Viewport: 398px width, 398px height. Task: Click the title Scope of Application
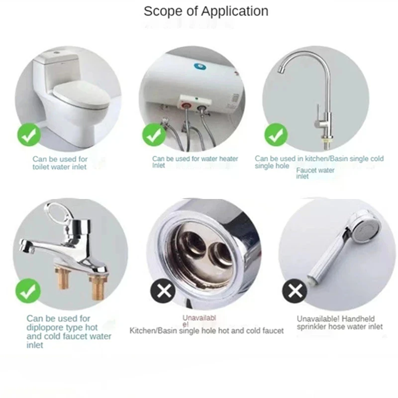click(x=206, y=11)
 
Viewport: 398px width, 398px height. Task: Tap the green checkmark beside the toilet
click(x=29, y=135)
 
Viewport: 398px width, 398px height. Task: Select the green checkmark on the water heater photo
click(x=154, y=134)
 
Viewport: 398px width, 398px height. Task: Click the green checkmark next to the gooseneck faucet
click(x=276, y=135)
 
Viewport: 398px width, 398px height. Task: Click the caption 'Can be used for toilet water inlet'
click(x=59, y=163)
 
